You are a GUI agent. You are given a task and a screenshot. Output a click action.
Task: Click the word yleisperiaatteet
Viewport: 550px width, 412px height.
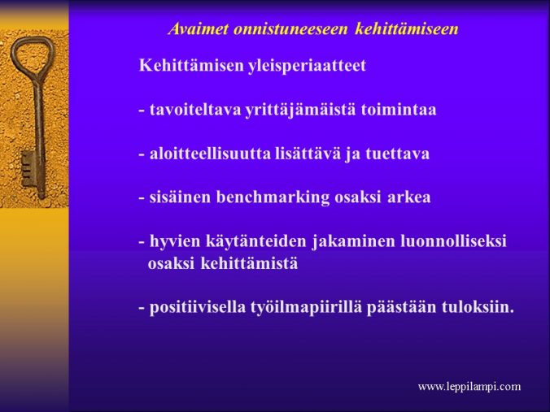(x=307, y=67)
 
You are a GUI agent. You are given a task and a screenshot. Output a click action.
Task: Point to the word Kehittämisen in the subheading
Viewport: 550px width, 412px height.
(x=191, y=66)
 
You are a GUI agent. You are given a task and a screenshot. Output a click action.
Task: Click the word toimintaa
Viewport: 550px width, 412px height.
(x=399, y=110)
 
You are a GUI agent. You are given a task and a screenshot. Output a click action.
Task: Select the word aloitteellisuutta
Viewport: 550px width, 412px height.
(x=210, y=154)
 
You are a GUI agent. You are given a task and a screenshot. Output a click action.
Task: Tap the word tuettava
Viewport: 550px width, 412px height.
(x=397, y=154)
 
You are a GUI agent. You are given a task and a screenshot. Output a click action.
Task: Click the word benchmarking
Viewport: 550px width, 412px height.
(x=273, y=197)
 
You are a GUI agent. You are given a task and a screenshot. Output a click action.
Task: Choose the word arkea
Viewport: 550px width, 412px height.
(x=408, y=197)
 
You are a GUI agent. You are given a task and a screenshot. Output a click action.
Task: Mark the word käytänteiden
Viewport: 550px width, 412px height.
(x=255, y=242)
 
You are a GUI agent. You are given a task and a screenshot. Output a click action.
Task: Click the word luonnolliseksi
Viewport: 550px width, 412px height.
(x=453, y=241)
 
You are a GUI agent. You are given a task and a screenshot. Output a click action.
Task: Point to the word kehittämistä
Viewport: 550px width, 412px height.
(x=249, y=263)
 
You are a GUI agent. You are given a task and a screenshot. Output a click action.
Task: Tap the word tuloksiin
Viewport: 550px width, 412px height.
(x=478, y=307)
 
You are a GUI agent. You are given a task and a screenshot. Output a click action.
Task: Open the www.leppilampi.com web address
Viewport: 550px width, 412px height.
(x=469, y=387)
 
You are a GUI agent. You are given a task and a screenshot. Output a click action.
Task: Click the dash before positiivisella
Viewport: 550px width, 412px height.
(x=142, y=308)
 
